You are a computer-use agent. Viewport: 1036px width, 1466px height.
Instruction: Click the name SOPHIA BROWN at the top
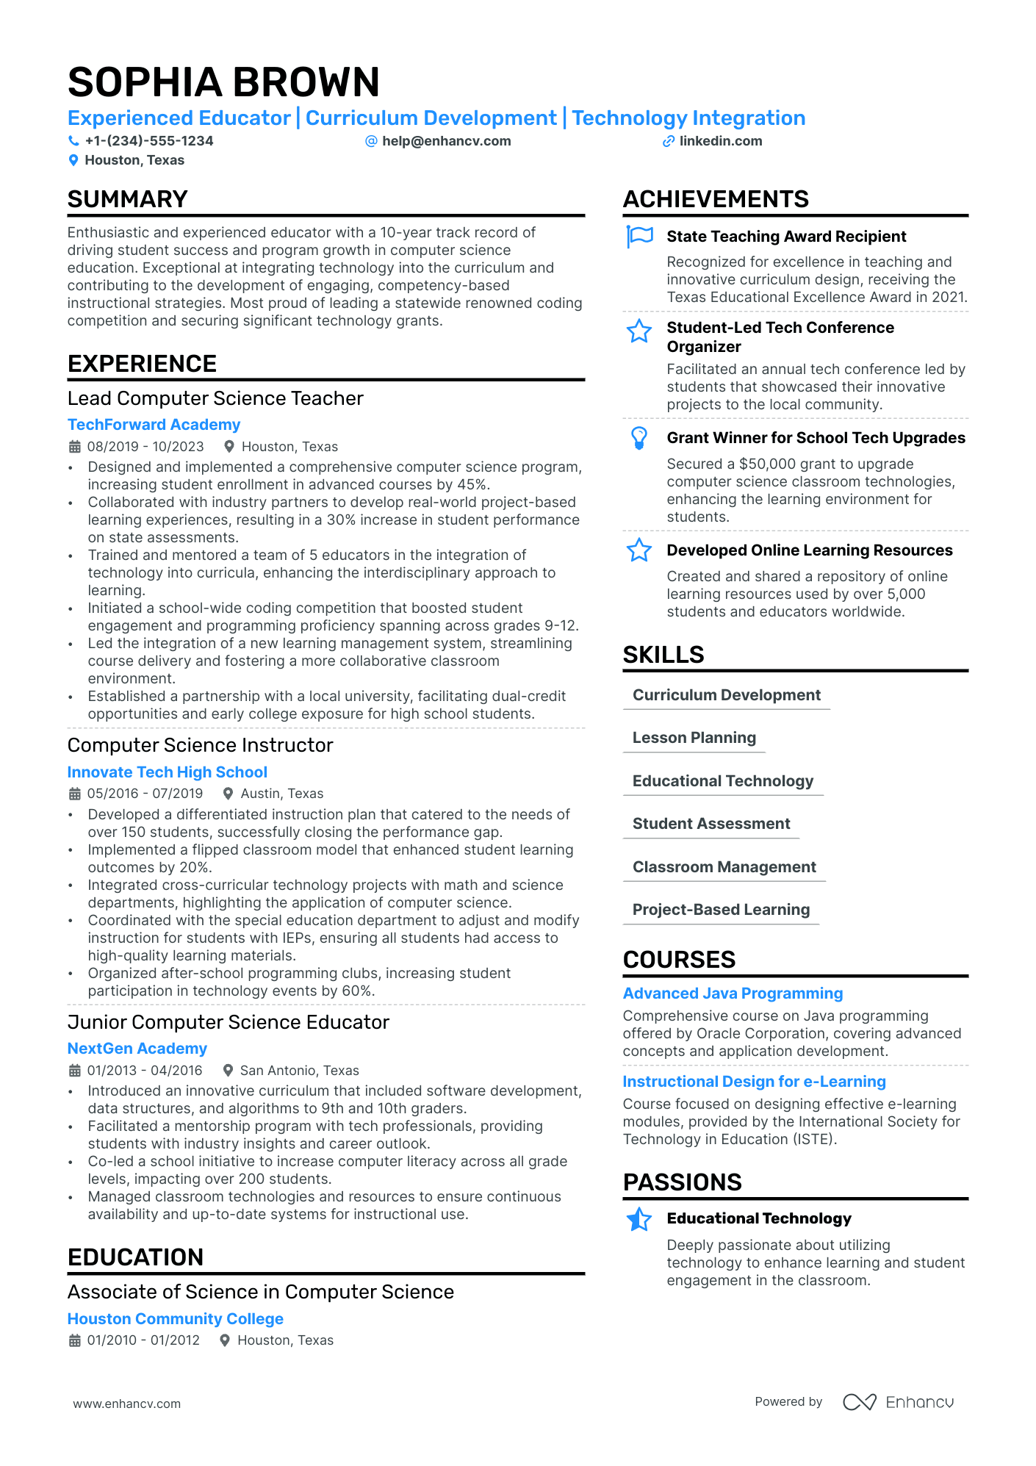point(223,82)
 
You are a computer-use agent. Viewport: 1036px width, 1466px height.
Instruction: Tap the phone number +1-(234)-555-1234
point(148,141)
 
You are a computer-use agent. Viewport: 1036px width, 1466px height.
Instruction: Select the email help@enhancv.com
point(446,141)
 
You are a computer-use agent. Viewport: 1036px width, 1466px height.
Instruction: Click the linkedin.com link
point(720,141)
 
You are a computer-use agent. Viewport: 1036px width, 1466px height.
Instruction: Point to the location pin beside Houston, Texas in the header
point(73,160)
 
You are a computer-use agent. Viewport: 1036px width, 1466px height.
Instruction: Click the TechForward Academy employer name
point(154,425)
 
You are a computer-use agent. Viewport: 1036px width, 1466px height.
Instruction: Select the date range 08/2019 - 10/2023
point(145,447)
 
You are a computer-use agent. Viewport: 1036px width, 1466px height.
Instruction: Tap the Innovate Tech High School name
point(167,772)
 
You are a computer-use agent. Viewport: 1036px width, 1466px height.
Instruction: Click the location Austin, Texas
point(281,794)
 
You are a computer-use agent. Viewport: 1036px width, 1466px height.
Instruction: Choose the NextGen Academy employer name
point(137,1049)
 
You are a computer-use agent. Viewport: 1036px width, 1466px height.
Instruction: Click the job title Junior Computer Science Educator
point(228,1022)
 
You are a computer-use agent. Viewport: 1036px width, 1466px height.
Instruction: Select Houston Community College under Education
point(175,1319)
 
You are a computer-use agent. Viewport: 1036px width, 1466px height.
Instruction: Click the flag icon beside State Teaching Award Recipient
point(639,237)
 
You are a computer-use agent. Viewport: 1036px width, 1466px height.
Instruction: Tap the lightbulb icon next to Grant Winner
point(639,438)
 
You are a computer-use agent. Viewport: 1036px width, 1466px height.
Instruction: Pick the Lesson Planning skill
point(694,738)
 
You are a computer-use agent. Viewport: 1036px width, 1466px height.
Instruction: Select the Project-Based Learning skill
point(721,910)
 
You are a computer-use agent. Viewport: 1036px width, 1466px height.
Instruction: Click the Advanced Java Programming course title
point(733,993)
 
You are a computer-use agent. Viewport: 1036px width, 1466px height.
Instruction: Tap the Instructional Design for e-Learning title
point(754,1082)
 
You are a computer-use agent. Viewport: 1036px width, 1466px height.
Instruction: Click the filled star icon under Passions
point(639,1219)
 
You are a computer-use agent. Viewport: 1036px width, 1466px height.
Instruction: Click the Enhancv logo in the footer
point(898,1402)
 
